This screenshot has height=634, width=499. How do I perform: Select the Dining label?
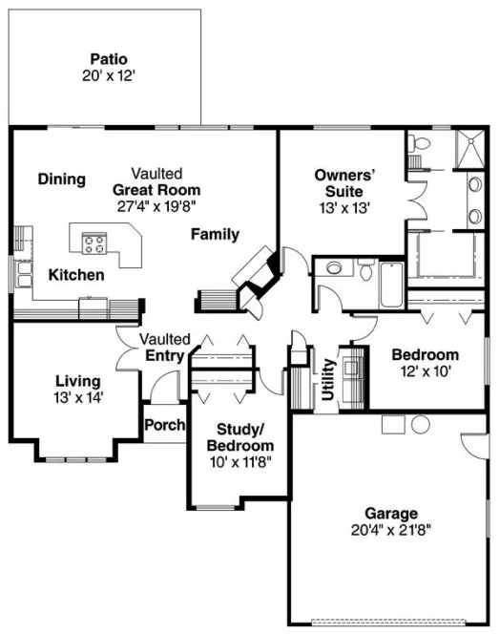coord(62,179)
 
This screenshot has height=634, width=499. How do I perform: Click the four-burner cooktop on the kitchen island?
coord(94,243)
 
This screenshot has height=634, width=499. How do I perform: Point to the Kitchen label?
coord(76,275)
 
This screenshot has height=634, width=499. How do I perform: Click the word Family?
coord(215,235)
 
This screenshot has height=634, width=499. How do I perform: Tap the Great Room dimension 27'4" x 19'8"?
coord(157,203)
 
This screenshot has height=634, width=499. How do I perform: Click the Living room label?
coord(77,381)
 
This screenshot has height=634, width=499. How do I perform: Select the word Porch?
coord(164,425)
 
